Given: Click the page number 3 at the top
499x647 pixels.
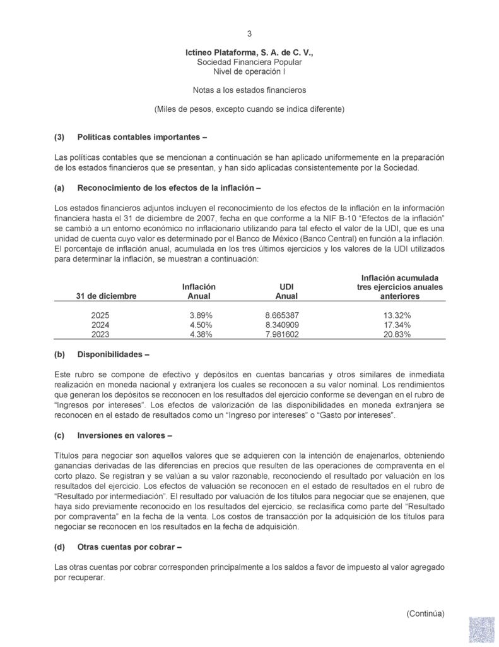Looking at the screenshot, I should [x=249, y=33].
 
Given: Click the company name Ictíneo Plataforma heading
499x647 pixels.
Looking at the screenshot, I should [x=249, y=53].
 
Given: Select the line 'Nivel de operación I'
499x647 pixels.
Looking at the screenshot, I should [x=249, y=72].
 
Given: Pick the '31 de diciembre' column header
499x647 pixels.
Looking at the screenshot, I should [x=105, y=296].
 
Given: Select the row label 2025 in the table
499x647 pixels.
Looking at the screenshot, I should [x=101, y=315].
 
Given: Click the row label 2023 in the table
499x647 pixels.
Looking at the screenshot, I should [x=101, y=334].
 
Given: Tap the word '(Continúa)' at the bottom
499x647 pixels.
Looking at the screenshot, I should [x=425, y=613].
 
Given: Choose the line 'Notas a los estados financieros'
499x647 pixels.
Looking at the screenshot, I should [x=249, y=90].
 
